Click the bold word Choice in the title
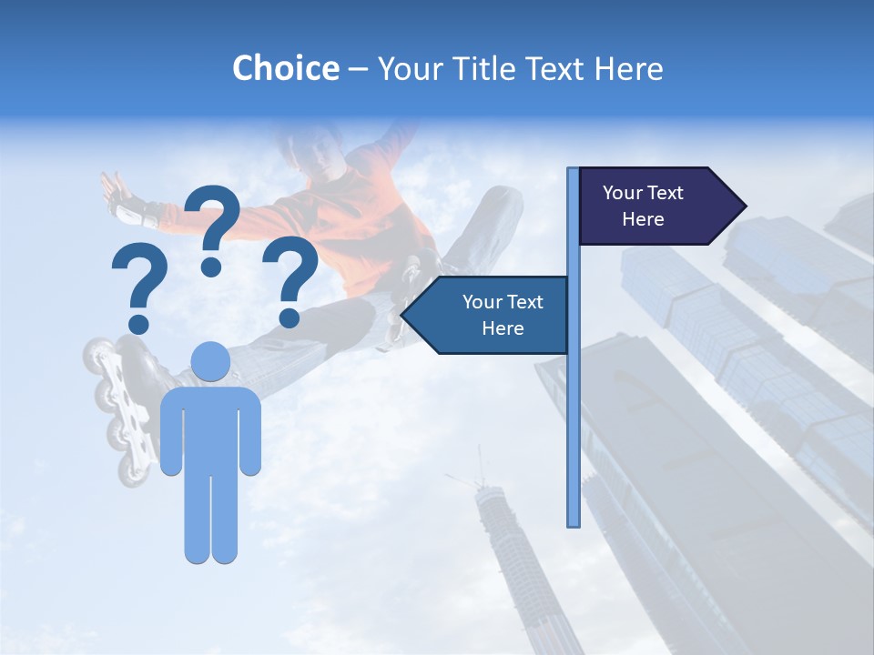pyautogui.click(x=285, y=68)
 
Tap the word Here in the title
pyautogui.click(x=628, y=68)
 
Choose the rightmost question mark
pyautogui.click(x=290, y=280)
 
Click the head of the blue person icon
pyautogui.click(x=211, y=362)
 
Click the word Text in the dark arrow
pyautogui.click(x=666, y=193)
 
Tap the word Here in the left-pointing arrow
pyautogui.click(x=503, y=328)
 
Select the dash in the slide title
pyautogui.click(x=358, y=69)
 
